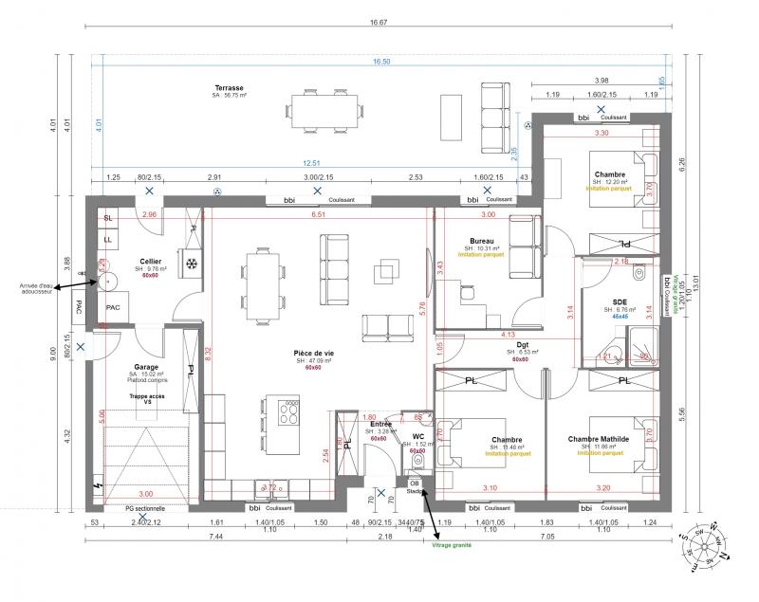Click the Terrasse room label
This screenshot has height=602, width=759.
click(229, 88)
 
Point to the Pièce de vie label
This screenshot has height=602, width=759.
click(313, 353)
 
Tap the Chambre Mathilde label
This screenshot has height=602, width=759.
click(602, 439)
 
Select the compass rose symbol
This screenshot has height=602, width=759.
click(702, 547)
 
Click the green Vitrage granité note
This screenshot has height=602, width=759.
click(452, 545)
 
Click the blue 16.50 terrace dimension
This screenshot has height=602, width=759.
click(380, 62)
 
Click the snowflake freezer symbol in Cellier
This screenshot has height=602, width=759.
click(190, 263)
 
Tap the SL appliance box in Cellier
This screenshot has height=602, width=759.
click(108, 218)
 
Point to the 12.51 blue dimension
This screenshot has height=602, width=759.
click(305, 161)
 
